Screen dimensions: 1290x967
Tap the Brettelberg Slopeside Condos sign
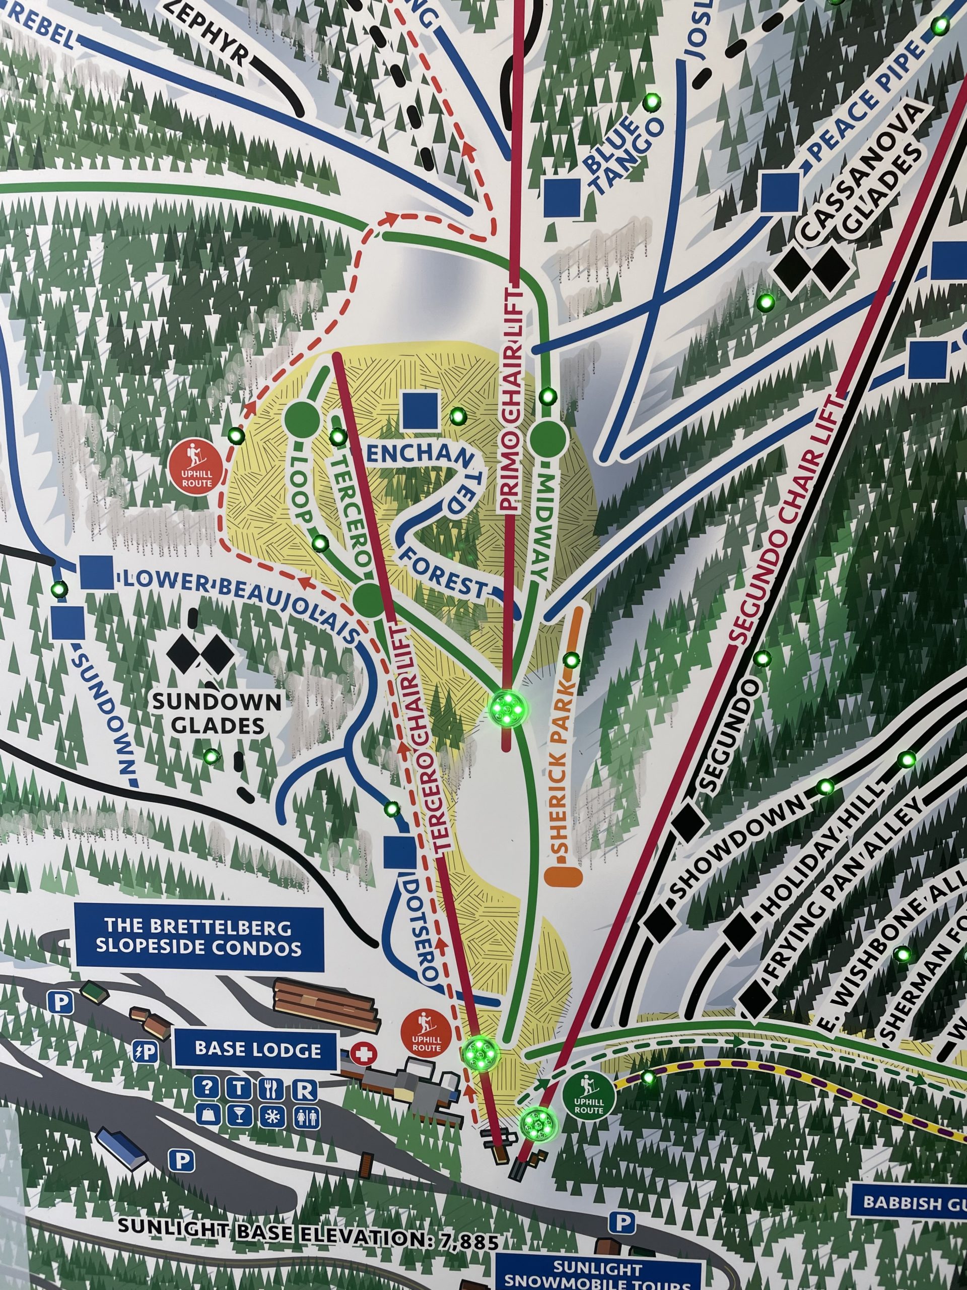199,937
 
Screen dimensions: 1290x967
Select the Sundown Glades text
217,713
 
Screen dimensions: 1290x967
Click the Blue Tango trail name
622,153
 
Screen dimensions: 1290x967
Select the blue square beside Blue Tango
563,196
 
